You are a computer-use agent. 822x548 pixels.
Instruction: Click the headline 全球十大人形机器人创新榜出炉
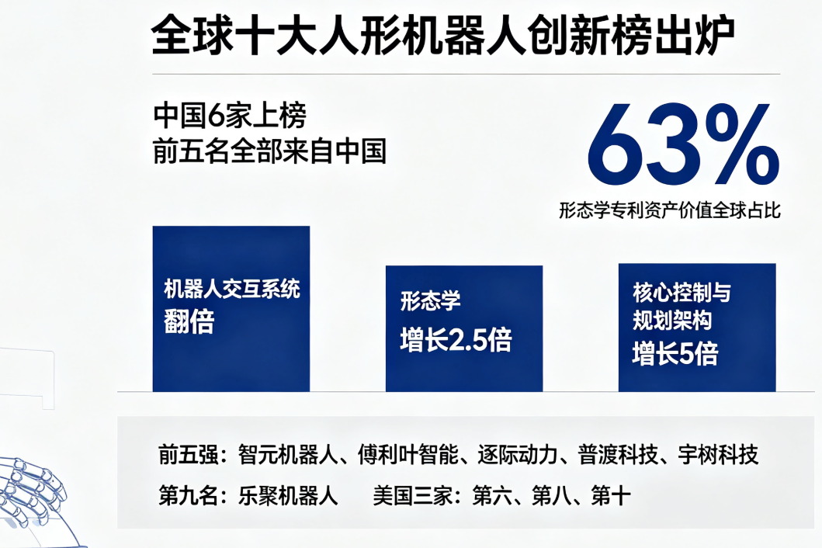click(x=443, y=36)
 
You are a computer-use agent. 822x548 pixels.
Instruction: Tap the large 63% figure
click(x=683, y=144)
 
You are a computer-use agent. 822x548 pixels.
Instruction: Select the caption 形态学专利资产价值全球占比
click(x=669, y=210)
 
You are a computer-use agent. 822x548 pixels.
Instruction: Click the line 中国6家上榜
click(x=230, y=116)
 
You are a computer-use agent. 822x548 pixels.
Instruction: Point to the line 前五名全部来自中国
click(x=269, y=151)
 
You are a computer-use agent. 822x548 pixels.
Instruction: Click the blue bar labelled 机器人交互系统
click(x=231, y=309)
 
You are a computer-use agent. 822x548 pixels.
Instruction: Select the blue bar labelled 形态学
click(x=464, y=329)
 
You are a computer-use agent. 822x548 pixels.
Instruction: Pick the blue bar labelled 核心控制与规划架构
click(x=697, y=328)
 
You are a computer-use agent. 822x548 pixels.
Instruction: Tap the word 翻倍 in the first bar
click(x=189, y=321)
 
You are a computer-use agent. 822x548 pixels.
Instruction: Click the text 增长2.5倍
click(x=456, y=339)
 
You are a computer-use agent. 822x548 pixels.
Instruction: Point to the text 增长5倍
click(x=675, y=353)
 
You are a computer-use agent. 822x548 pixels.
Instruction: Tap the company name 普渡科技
click(x=618, y=455)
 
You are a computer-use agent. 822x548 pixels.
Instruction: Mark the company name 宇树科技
click(x=718, y=455)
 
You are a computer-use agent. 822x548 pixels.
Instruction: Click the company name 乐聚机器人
click(x=288, y=495)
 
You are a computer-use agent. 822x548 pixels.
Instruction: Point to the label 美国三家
click(x=413, y=495)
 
